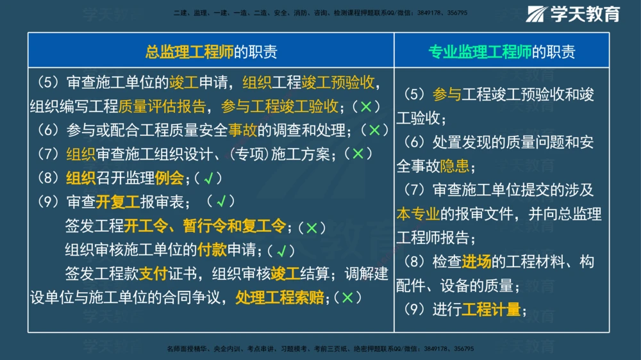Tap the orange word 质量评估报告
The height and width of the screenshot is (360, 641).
point(162,106)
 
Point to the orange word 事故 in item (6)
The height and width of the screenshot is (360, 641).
point(242,130)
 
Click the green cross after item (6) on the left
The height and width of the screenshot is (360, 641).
point(374,130)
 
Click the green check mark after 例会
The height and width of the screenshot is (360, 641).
point(208,179)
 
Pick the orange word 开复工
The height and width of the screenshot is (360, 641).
point(118,202)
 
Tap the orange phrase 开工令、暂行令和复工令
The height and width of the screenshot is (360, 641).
point(205,226)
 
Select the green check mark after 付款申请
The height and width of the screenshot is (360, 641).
point(280,250)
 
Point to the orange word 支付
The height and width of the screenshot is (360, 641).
point(154,274)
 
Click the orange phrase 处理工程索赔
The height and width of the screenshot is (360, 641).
point(279,298)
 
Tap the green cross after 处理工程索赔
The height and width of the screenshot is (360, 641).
point(347,298)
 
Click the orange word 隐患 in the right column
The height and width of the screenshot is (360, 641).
point(454,166)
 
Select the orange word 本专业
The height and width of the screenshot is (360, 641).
point(418,213)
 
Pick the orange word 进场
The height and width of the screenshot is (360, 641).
point(476,261)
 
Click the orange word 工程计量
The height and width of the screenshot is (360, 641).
point(491,310)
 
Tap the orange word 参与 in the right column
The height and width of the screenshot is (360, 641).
point(447,94)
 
